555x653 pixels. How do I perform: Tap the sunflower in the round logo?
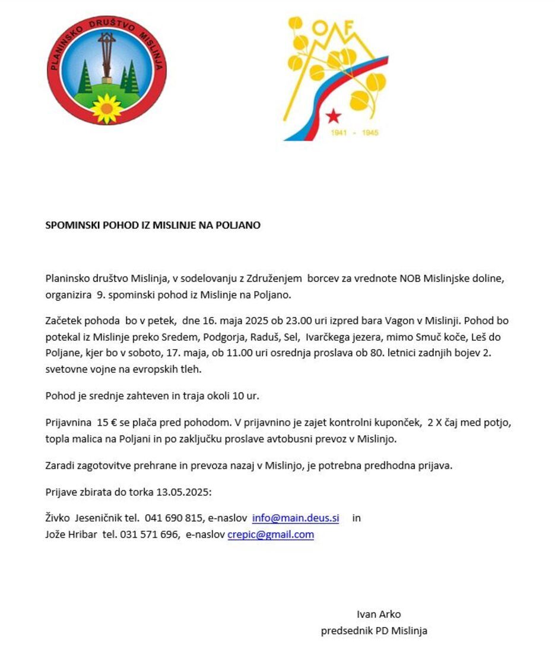pos(107,108)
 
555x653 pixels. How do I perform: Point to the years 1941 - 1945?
pos(354,133)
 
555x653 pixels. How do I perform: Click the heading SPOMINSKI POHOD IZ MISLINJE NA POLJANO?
pos(153,226)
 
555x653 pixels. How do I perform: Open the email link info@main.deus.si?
pos(296,518)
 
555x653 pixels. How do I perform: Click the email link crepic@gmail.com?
pos(271,535)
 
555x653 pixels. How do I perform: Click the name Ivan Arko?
pos(379,614)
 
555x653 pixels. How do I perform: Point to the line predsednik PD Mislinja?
pos(374,631)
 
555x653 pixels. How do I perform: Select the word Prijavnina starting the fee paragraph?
pos(68,423)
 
